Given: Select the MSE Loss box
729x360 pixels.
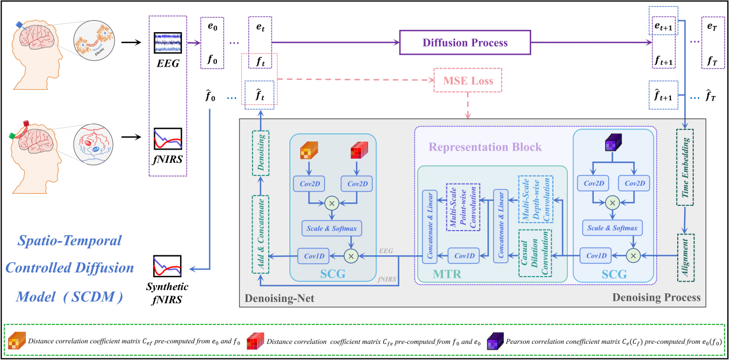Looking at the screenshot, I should pyautogui.click(x=467, y=81).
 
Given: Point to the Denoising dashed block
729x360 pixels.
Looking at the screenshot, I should pyautogui.click(x=260, y=152).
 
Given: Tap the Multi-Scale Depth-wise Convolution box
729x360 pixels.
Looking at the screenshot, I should pyautogui.click(x=535, y=198).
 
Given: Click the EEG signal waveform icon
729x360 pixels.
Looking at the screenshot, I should pyautogui.click(x=167, y=44).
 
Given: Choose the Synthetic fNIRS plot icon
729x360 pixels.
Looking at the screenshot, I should pyautogui.click(x=167, y=266).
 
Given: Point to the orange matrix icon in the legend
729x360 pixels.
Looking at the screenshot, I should pyautogui.click(x=17, y=341).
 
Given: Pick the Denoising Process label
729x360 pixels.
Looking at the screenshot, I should pyautogui.click(x=657, y=297).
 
